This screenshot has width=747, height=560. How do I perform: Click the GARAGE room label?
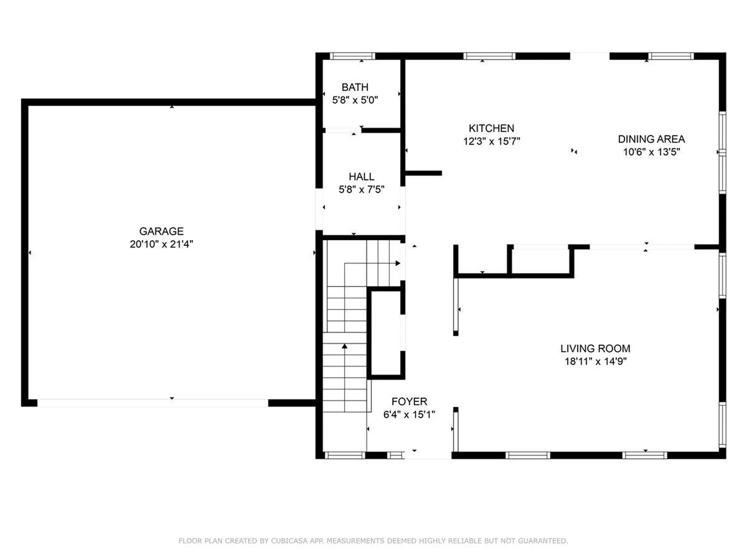[161, 231]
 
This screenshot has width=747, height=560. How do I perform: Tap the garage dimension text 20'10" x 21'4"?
[161, 244]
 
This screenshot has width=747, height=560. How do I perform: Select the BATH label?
[354, 87]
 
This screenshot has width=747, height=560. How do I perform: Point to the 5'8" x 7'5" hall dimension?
[361, 189]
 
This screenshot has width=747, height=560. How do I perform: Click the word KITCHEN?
[491, 128]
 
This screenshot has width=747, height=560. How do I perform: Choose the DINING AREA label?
[651, 139]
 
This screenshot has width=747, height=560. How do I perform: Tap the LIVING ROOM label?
[595, 348]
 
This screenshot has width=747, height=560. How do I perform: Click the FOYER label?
[409, 401]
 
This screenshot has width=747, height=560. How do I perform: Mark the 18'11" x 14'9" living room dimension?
[595, 361]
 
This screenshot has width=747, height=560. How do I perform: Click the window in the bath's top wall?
[352, 56]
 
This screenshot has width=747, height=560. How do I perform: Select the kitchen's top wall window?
[489, 56]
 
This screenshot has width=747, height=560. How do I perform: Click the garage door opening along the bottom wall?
[153, 403]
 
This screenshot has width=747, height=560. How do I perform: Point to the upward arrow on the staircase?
[344, 346]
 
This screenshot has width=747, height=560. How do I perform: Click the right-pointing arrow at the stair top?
[398, 263]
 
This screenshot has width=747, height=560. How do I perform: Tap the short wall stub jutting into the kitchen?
[423, 173]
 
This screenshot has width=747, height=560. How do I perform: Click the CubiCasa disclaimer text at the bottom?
[373, 541]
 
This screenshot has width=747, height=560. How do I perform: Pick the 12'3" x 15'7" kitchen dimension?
[491, 141]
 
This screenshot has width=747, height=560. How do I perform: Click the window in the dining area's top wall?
[670, 56]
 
